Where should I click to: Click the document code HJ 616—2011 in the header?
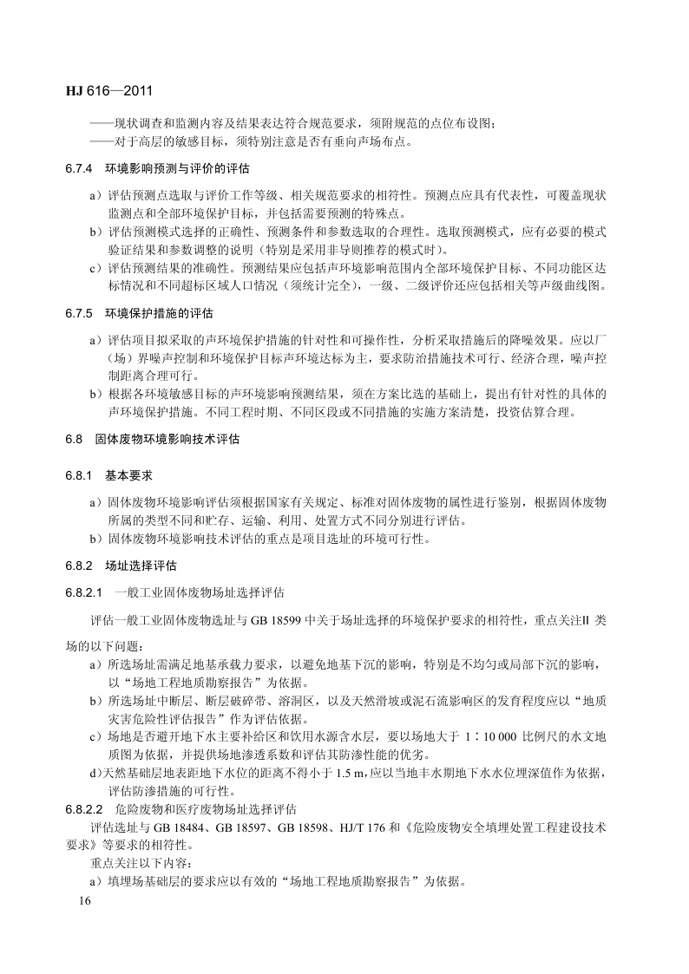[x=108, y=88]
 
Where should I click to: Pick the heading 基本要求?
[x=128, y=476]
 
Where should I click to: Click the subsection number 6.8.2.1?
[x=84, y=593]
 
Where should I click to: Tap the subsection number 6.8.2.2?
[x=84, y=809]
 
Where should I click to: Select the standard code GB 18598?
[x=323, y=827]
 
